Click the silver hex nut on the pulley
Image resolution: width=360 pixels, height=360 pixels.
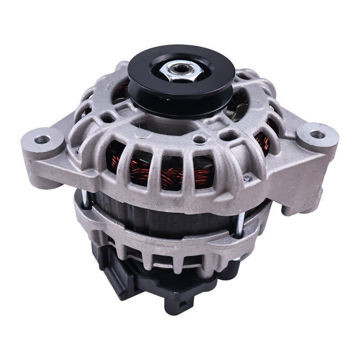pos(180,71)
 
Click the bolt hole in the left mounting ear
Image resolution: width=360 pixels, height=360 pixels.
pos(43,139)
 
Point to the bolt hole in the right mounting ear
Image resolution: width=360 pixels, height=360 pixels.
pos(318,134)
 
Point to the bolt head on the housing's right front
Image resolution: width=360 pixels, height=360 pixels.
pos(246,179)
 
